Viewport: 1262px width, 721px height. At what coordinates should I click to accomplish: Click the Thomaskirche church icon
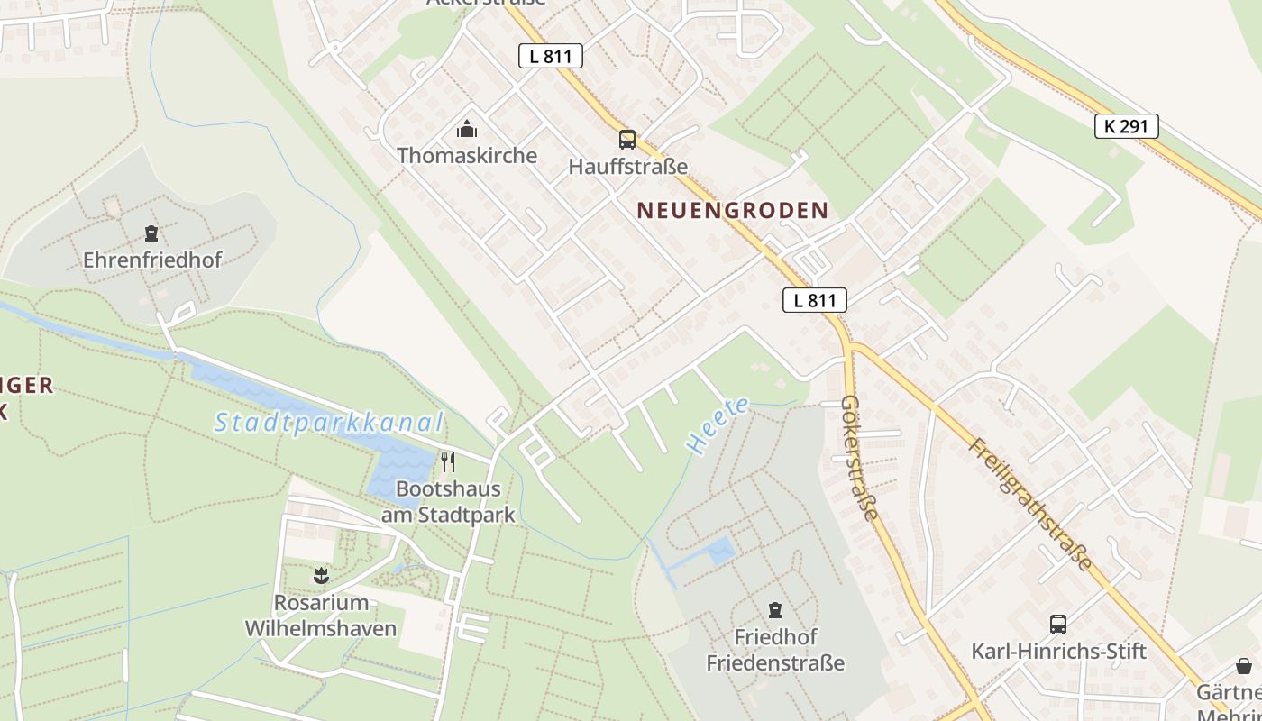(x=466, y=130)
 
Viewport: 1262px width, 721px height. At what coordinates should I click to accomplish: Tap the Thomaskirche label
(x=467, y=155)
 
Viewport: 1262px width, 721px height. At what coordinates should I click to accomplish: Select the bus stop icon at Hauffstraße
(x=627, y=140)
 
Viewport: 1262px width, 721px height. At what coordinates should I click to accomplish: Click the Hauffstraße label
(x=628, y=167)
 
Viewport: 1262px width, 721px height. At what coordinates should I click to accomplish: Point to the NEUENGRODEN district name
(x=732, y=211)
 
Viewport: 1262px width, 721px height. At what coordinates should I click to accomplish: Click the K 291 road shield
(x=1126, y=126)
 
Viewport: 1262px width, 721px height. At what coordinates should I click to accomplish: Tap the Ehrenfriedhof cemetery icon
(x=151, y=234)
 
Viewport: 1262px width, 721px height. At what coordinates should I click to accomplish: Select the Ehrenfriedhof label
(x=152, y=260)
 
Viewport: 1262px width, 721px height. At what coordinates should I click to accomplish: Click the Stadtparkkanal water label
(x=329, y=423)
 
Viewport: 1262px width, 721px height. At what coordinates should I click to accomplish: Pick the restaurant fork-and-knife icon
(x=447, y=462)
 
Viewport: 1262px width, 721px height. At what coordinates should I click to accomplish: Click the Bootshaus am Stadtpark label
(x=448, y=502)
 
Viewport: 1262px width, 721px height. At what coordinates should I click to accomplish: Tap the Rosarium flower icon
(x=320, y=575)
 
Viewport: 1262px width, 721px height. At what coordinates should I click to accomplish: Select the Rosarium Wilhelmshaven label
(x=321, y=616)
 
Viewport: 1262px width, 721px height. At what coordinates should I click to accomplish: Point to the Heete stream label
(x=717, y=425)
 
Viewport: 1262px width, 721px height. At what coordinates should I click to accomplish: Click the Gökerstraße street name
(x=859, y=458)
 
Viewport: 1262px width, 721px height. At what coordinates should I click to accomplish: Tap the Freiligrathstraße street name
(x=1030, y=505)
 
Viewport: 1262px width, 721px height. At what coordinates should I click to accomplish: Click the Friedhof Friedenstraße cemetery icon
(x=774, y=610)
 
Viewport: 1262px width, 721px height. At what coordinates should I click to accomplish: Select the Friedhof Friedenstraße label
(x=775, y=650)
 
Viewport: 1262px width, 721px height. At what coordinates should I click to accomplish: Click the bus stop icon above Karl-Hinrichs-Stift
(x=1058, y=624)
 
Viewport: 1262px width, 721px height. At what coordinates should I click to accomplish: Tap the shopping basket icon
(x=1244, y=666)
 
